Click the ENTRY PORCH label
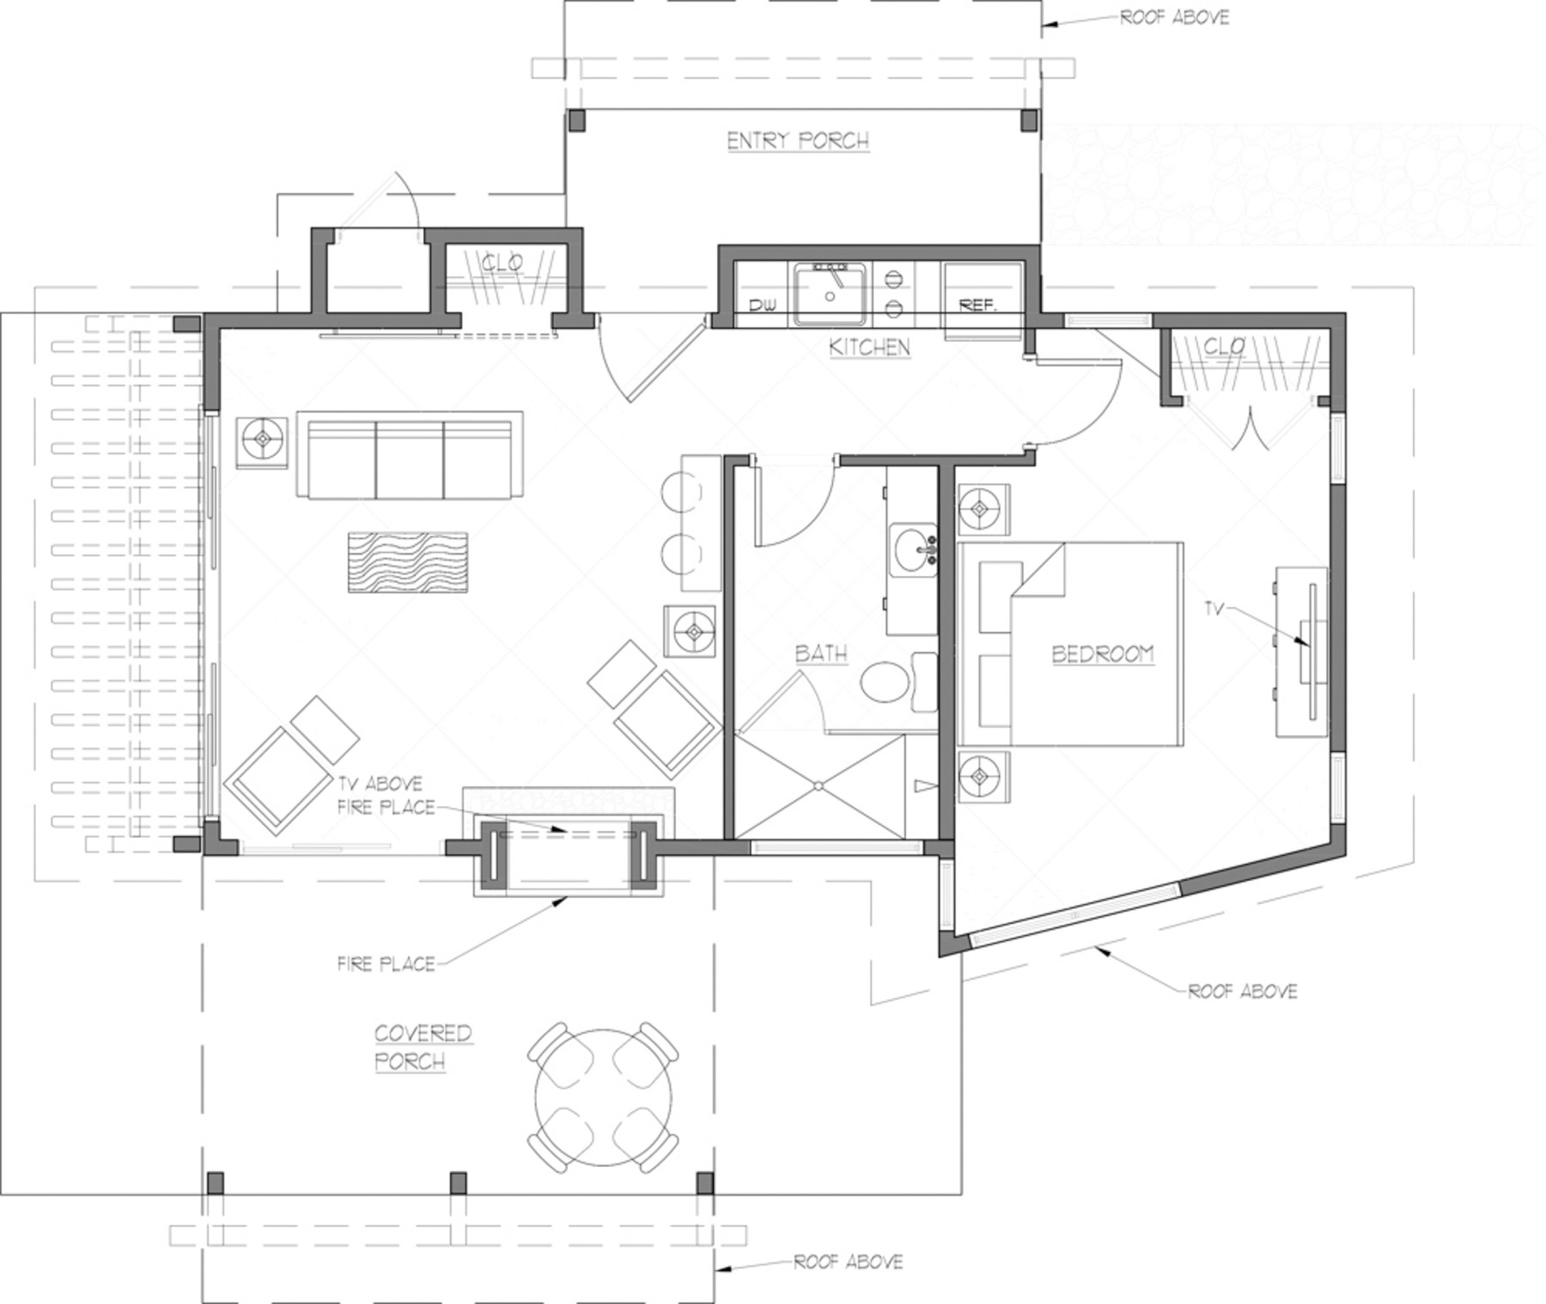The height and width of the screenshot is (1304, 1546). (798, 141)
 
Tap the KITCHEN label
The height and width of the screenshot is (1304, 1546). (869, 347)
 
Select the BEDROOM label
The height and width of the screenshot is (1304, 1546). (1103, 654)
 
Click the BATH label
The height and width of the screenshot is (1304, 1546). (821, 654)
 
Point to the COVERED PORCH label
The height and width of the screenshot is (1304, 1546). (423, 1047)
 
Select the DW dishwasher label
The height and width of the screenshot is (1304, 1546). (762, 306)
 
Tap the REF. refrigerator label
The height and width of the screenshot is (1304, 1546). (977, 305)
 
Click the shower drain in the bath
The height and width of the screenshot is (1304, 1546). (819, 785)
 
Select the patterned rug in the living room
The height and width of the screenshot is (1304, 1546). (408, 562)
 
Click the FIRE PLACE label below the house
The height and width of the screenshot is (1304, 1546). (386, 964)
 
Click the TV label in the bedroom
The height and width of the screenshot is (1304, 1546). (1213, 609)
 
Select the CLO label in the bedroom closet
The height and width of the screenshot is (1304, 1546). (1223, 347)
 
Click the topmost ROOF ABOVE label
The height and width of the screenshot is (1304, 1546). (1174, 17)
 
